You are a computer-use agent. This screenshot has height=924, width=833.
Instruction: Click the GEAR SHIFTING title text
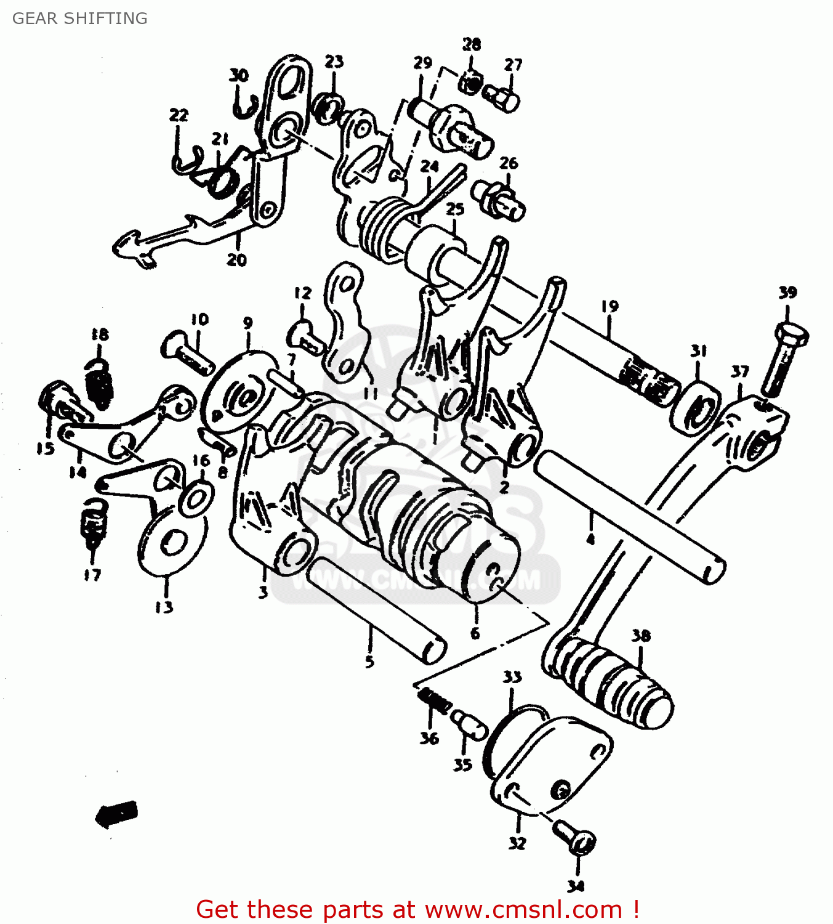[x=80, y=18]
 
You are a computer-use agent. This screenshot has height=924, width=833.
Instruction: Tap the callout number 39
[x=787, y=293]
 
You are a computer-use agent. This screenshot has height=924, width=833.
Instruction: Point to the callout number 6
[x=475, y=633]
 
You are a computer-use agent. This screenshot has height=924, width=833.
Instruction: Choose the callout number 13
[x=164, y=607]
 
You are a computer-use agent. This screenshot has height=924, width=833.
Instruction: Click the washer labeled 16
[x=195, y=498]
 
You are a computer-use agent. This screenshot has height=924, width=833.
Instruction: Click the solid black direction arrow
[x=116, y=814]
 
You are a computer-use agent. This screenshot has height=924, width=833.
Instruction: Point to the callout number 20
[x=236, y=260]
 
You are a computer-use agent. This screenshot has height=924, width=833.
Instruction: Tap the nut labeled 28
[x=470, y=83]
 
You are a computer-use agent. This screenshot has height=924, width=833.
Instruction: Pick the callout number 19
[x=610, y=306]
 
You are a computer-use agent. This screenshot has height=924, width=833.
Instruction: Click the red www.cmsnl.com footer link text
[x=523, y=910]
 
